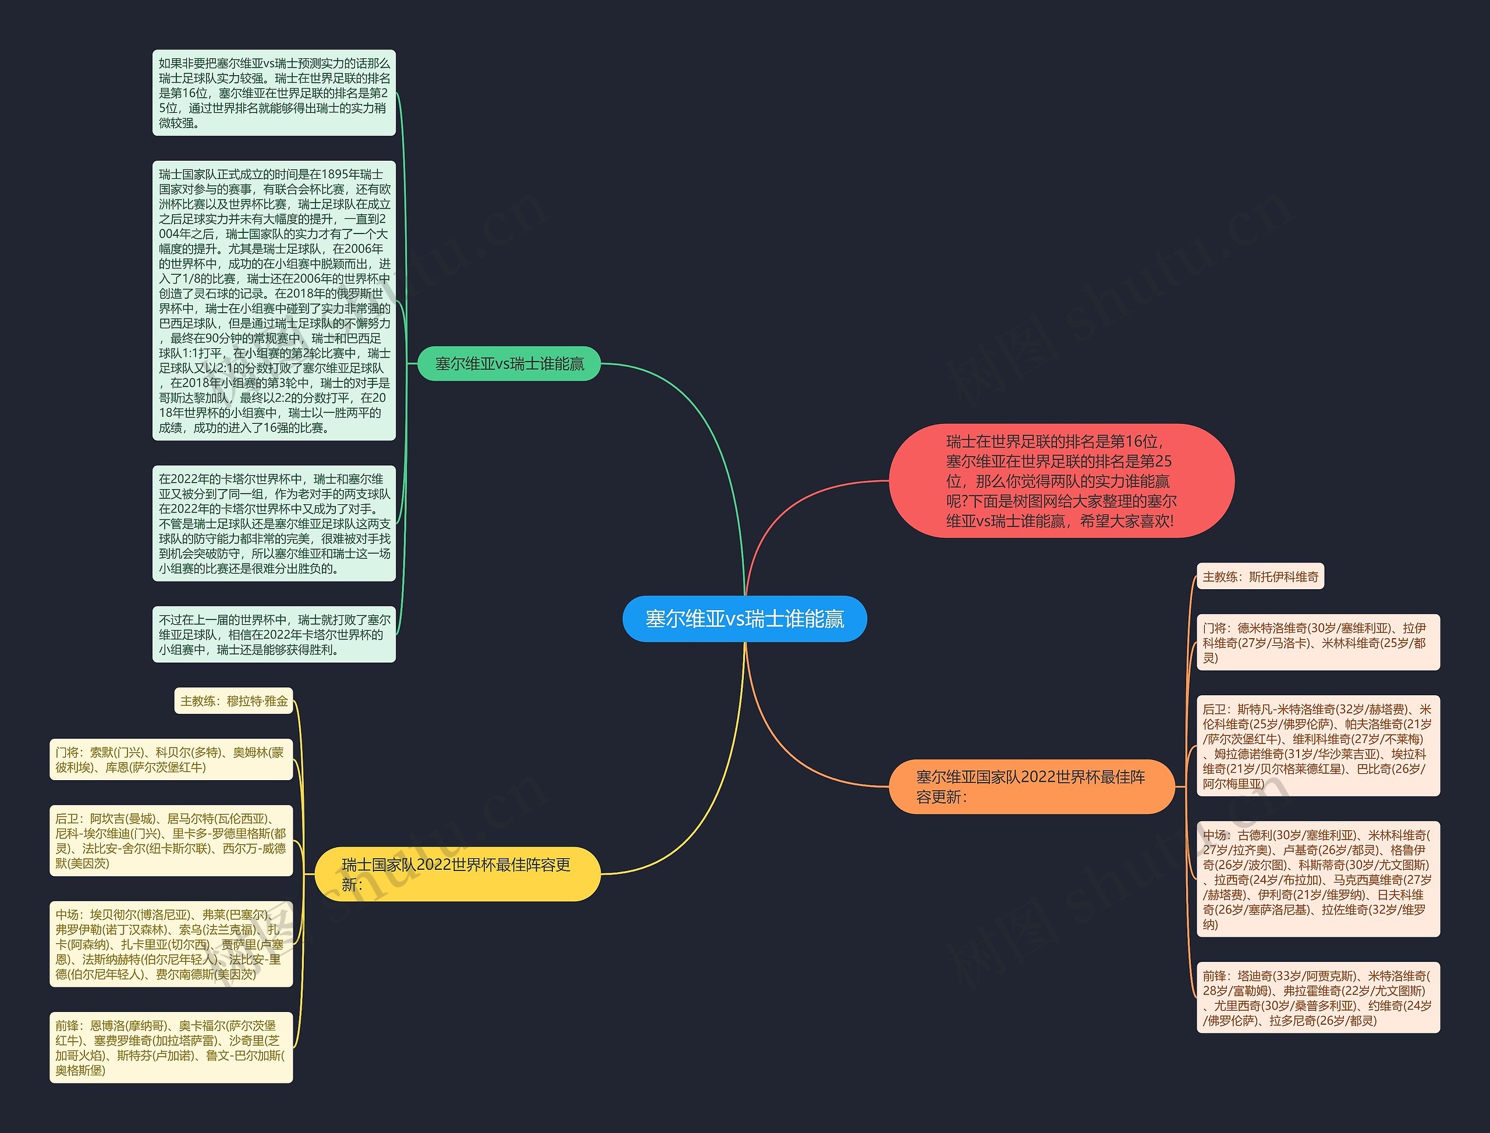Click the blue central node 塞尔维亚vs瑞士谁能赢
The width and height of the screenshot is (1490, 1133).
(744, 618)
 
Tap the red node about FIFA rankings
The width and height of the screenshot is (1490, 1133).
(1061, 481)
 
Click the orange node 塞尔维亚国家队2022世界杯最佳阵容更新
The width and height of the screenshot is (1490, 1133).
(1031, 787)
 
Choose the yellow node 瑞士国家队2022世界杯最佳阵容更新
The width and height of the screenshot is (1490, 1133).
(457, 874)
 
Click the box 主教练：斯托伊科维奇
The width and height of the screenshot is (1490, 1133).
(1260, 576)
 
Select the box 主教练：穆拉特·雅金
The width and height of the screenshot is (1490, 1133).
(233, 701)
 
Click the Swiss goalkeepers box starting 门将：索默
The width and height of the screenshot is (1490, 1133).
(171, 759)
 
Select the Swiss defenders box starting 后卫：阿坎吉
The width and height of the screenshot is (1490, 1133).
(171, 840)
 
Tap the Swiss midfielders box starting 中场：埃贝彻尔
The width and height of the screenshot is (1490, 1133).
(171, 944)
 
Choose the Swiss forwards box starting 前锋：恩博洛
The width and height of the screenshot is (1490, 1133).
(171, 1047)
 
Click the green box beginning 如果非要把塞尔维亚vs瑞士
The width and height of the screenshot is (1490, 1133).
(274, 93)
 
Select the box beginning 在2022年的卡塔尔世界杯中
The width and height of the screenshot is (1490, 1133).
(274, 523)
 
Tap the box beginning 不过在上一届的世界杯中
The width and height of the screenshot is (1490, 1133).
(274, 635)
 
